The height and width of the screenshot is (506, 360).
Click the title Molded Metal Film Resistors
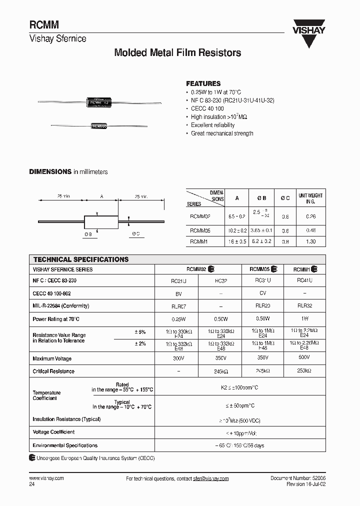pyautogui.click(x=178, y=52)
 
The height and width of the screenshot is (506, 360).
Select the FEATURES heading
pyautogui.click(x=203, y=83)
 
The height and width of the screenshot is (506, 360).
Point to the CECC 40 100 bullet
pyautogui.click(x=207, y=108)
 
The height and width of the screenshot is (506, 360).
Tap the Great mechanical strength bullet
pyautogui.click(x=222, y=133)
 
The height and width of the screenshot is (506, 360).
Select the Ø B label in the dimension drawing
pyautogui.click(x=88, y=234)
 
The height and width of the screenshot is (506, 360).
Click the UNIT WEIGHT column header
pyautogui.click(x=310, y=199)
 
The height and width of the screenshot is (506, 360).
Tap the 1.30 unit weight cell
pyautogui.click(x=310, y=241)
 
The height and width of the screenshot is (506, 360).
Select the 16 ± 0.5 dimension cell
pyautogui.click(x=237, y=241)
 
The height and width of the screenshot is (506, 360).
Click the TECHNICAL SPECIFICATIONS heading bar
pyautogui.click(x=81, y=259)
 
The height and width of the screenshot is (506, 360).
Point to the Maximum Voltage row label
pyautogui.click(x=52, y=358)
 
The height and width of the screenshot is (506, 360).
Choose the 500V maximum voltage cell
pyautogui.click(x=304, y=358)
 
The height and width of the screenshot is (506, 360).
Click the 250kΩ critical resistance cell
pyautogui.click(x=304, y=371)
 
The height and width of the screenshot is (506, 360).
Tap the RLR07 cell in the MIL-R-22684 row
pyautogui.click(x=178, y=306)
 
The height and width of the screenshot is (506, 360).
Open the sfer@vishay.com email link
pyautogui.click(x=210, y=478)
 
